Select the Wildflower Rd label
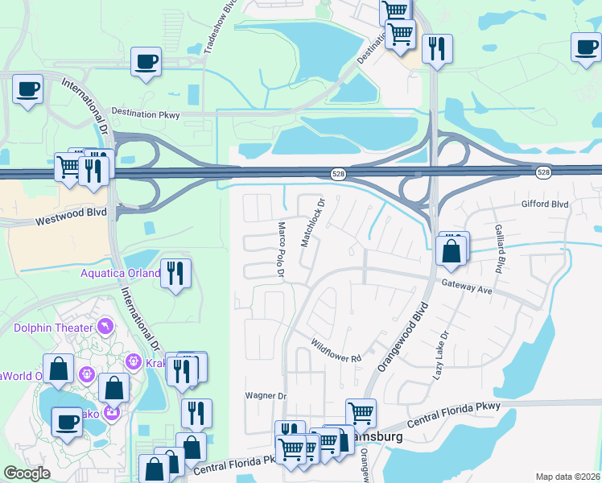point(336,350)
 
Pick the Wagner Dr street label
point(266,396)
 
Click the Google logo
point(27,473)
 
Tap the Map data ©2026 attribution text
point(567,477)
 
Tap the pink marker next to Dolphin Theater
point(104,326)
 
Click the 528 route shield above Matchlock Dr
point(339,174)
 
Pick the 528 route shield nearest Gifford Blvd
point(544,173)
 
